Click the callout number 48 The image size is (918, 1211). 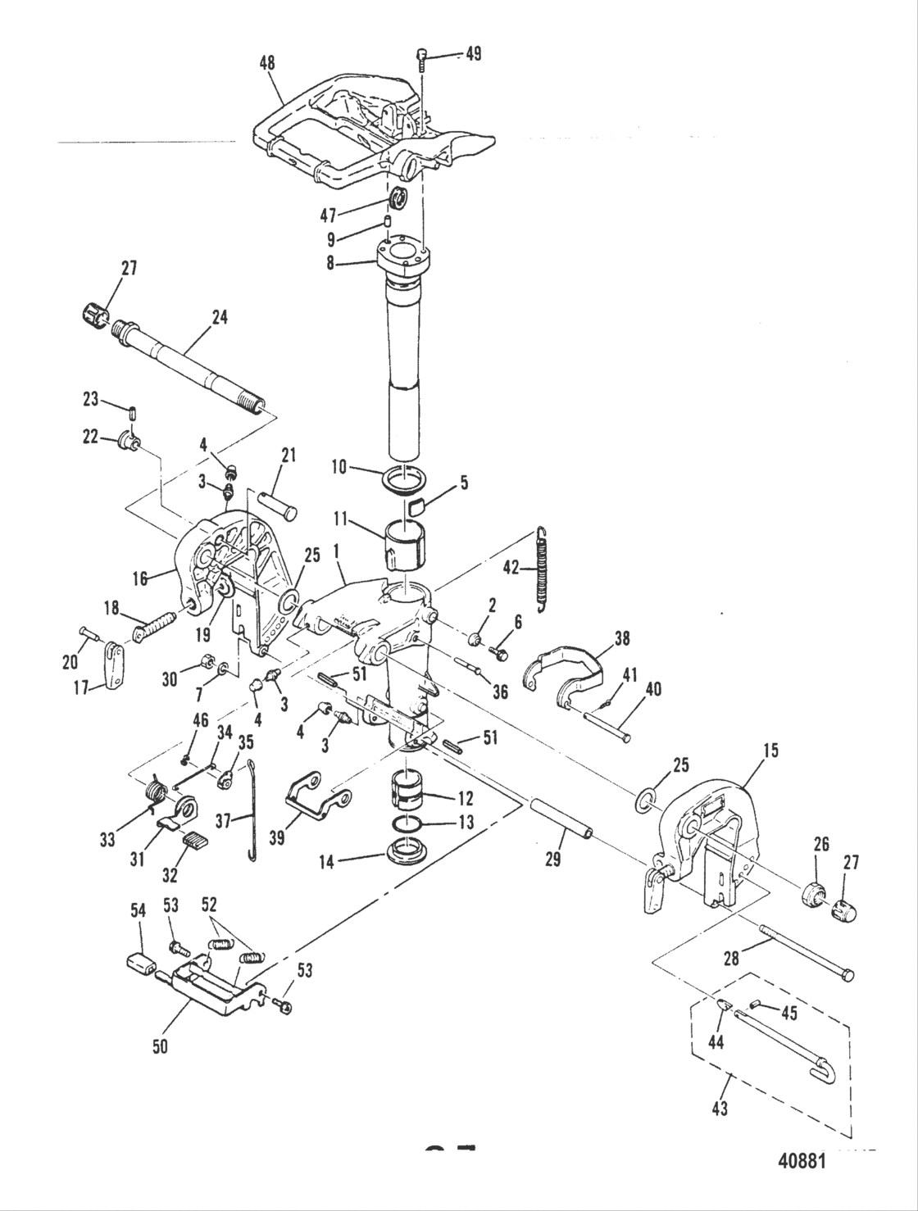point(266,62)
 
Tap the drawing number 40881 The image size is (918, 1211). point(803,1162)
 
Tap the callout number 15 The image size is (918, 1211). point(749,750)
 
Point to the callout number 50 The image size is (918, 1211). point(161,1046)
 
